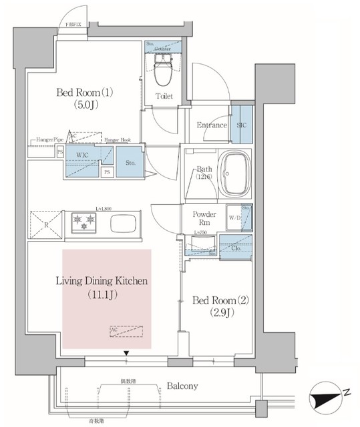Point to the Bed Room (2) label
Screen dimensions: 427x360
point(220,306)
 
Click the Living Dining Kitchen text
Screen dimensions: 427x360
point(102,287)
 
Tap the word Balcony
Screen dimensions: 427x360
point(182,386)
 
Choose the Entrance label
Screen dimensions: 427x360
point(212,125)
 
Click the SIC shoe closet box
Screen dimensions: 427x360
point(241,124)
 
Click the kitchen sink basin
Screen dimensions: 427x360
point(123,224)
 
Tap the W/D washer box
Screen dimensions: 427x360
point(234,218)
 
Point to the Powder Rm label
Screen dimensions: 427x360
point(203,219)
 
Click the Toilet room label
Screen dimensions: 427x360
point(164,97)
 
